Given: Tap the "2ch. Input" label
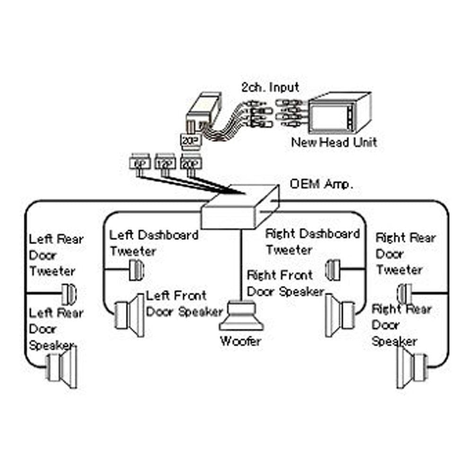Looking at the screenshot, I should click(271, 88).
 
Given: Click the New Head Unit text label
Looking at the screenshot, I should click(334, 141).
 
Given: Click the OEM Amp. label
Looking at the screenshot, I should click(321, 184).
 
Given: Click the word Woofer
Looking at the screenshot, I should click(240, 341).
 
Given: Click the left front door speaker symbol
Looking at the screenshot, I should click(130, 315).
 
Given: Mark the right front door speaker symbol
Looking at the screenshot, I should click(340, 315).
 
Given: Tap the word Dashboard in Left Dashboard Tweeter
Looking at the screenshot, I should click(168, 235).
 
